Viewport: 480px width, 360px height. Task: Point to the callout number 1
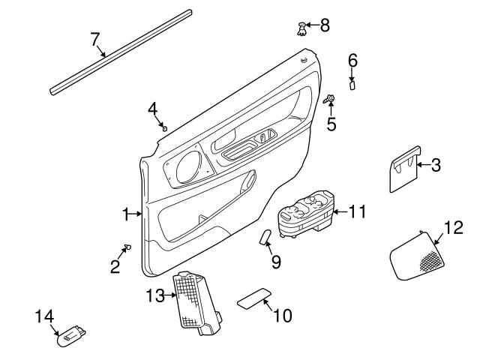pyautogui.click(x=127, y=215)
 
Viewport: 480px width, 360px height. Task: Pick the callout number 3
pyautogui.click(x=436, y=164)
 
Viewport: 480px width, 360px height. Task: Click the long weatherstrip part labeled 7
pyautogui.click(x=120, y=52)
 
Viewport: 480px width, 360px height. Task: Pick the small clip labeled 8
pyautogui.click(x=302, y=28)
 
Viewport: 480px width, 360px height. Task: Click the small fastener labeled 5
pyautogui.click(x=330, y=99)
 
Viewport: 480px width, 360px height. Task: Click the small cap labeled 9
pyautogui.click(x=265, y=238)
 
